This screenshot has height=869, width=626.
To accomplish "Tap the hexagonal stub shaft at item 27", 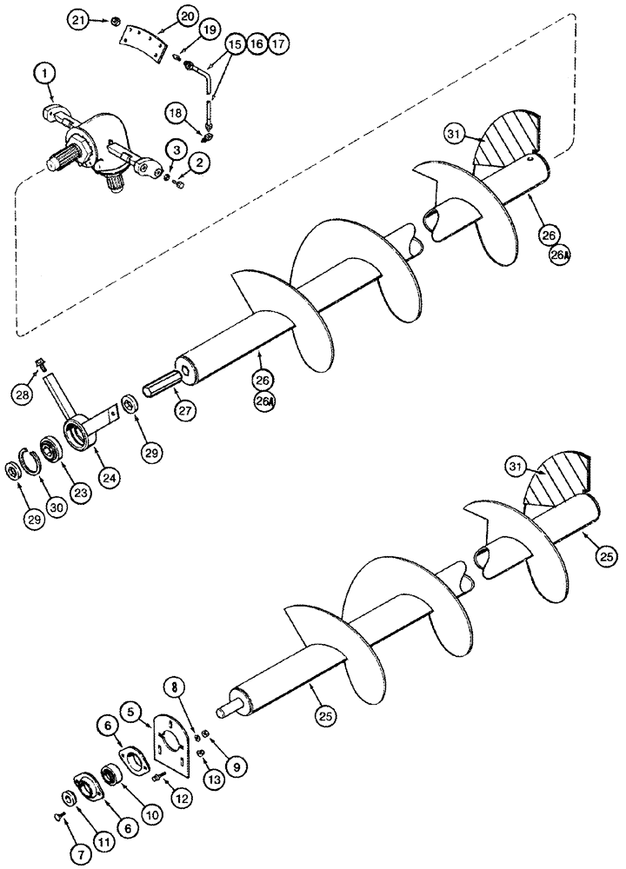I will click(163, 383).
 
